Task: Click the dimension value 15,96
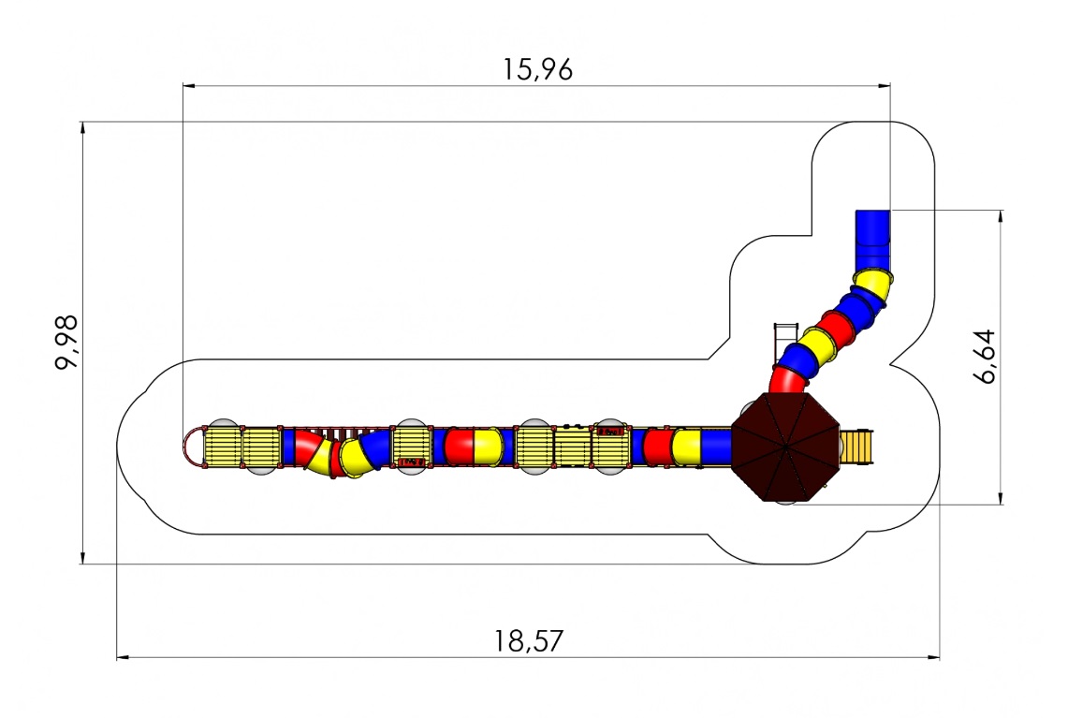click(537, 69)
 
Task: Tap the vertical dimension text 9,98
click(67, 342)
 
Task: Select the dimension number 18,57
click(529, 641)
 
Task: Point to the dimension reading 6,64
click(985, 357)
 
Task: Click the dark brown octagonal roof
click(785, 447)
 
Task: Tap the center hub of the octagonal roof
click(785, 447)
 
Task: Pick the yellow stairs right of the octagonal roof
click(856, 447)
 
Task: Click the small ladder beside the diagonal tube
click(784, 343)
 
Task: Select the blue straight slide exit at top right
click(872, 241)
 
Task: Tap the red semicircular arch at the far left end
click(193, 447)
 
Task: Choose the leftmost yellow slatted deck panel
click(223, 447)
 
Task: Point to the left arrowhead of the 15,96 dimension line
click(189, 86)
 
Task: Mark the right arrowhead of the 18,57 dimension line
click(934, 658)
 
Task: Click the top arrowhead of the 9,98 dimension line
click(83, 128)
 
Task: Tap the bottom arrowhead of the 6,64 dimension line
click(1001, 498)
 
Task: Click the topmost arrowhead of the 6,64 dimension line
click(1001, 216)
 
